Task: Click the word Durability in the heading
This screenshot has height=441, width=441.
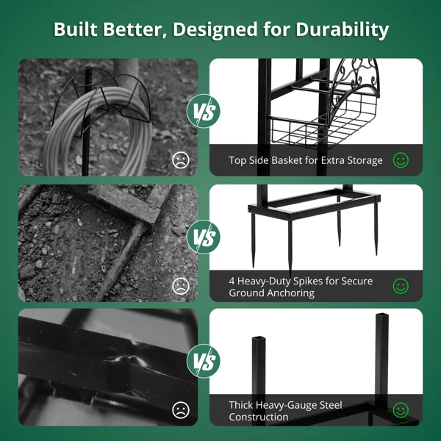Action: [x=342, y=29]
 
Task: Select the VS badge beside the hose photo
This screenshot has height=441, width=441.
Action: [x=204, y=111]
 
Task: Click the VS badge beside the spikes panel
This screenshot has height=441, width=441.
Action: [x=204, y=237]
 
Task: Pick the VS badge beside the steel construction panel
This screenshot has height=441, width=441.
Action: [x=204, y=361]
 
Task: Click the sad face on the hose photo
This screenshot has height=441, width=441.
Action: [x=181, y=160]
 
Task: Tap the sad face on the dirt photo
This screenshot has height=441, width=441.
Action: [x=181, y=286]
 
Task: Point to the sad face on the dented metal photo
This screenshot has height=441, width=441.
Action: [x=181, y=410]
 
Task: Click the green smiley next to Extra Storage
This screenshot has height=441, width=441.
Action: [x=401, y=160]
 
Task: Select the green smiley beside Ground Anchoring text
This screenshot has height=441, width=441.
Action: [x=401, y=286]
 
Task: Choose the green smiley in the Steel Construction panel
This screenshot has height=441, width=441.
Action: [x=401, y=410]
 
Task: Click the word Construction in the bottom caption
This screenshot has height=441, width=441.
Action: [x=259, y=417]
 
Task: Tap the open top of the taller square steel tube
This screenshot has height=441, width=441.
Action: [x=382, y=315]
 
